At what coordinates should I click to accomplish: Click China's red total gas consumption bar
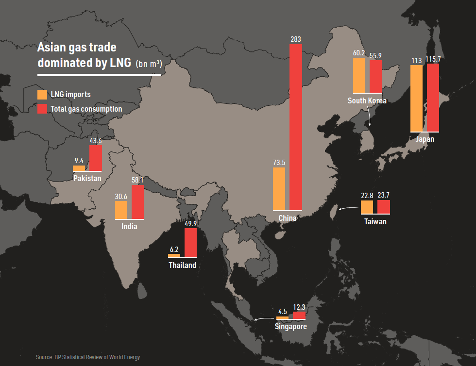(296, 127)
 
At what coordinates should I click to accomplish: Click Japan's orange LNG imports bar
(416, 98)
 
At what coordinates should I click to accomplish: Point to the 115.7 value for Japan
(433, 59)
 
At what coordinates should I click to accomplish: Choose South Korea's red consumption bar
(375, 76)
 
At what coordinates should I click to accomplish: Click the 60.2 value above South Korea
(359, 53)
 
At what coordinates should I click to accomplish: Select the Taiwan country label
(375, 221)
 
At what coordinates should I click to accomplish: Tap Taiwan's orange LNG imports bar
(367, 207)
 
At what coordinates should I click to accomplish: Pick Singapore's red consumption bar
(299, 315)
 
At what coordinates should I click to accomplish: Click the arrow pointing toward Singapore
(263, 319)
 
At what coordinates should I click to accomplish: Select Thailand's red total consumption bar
(190, 242)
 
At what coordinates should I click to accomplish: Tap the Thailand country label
(183, 265)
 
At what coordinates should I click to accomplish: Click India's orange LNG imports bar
(121, 210)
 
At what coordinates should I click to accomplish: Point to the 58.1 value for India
(138, 180)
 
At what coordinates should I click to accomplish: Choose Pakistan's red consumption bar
(96, 158)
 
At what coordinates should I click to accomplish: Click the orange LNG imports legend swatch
(42, 94)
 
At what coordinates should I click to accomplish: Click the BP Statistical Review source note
(87, 357)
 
